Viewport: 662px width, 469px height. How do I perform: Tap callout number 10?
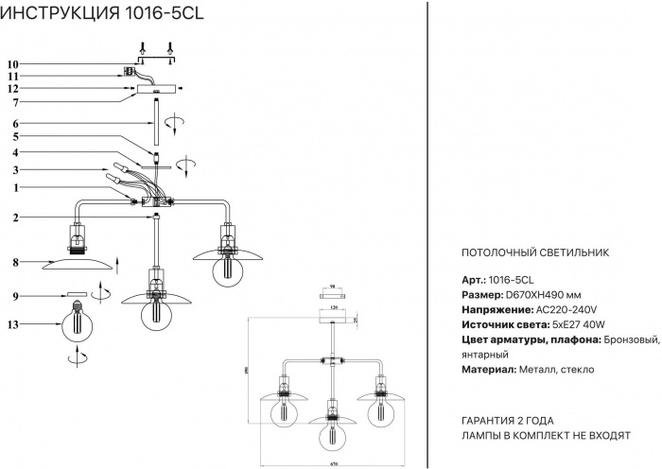coord(13,63)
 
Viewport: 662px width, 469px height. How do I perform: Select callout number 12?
coord(13,89)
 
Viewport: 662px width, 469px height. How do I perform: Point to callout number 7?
coord(16,101)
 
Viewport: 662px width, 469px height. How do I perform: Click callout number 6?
coord(16,124)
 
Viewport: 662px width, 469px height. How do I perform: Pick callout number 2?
coord(16,218)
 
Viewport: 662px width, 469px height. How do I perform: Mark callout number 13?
coord(13,324)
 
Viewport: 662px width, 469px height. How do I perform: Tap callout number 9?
coord(16,297)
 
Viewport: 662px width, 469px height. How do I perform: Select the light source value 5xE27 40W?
coord(566,324)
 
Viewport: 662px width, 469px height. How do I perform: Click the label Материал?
coord(491,370)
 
